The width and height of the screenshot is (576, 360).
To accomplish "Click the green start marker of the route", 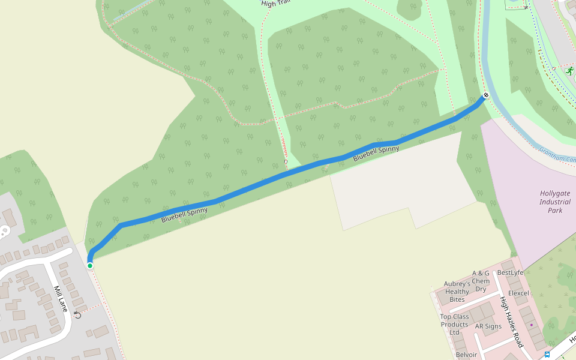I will [x=90, y=265].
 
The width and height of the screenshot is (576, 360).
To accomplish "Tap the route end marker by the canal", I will [x=485, y=95].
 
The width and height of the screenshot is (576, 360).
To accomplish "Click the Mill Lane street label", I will [x=61, y=298].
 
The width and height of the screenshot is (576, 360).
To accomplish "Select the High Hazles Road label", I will [x=512, y=323].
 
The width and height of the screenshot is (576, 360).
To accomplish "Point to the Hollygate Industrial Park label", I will [x=555, y=202].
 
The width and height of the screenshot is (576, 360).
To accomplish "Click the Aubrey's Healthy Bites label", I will [x=457, y=292].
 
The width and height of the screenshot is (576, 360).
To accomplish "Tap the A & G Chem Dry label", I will [x=481, y=281].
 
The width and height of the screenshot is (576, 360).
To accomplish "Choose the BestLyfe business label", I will [x=511, y=272].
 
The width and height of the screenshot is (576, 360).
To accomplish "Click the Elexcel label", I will [x=518, y=293].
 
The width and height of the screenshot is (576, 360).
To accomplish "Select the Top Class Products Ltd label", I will [x=454, y=325].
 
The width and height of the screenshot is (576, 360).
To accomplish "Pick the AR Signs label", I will [x=488, y=326].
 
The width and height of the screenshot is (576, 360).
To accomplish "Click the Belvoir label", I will [x=466, y=355].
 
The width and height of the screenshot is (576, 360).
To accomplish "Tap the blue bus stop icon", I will [x=547, y=355].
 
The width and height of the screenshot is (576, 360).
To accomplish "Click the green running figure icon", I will [x=568, y=71].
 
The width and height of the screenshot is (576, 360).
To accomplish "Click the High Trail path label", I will [x=275, y=3].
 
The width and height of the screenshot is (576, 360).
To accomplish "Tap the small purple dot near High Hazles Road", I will [x=531, y=325].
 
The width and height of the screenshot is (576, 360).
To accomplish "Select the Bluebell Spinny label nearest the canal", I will [x=376, y=153].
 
